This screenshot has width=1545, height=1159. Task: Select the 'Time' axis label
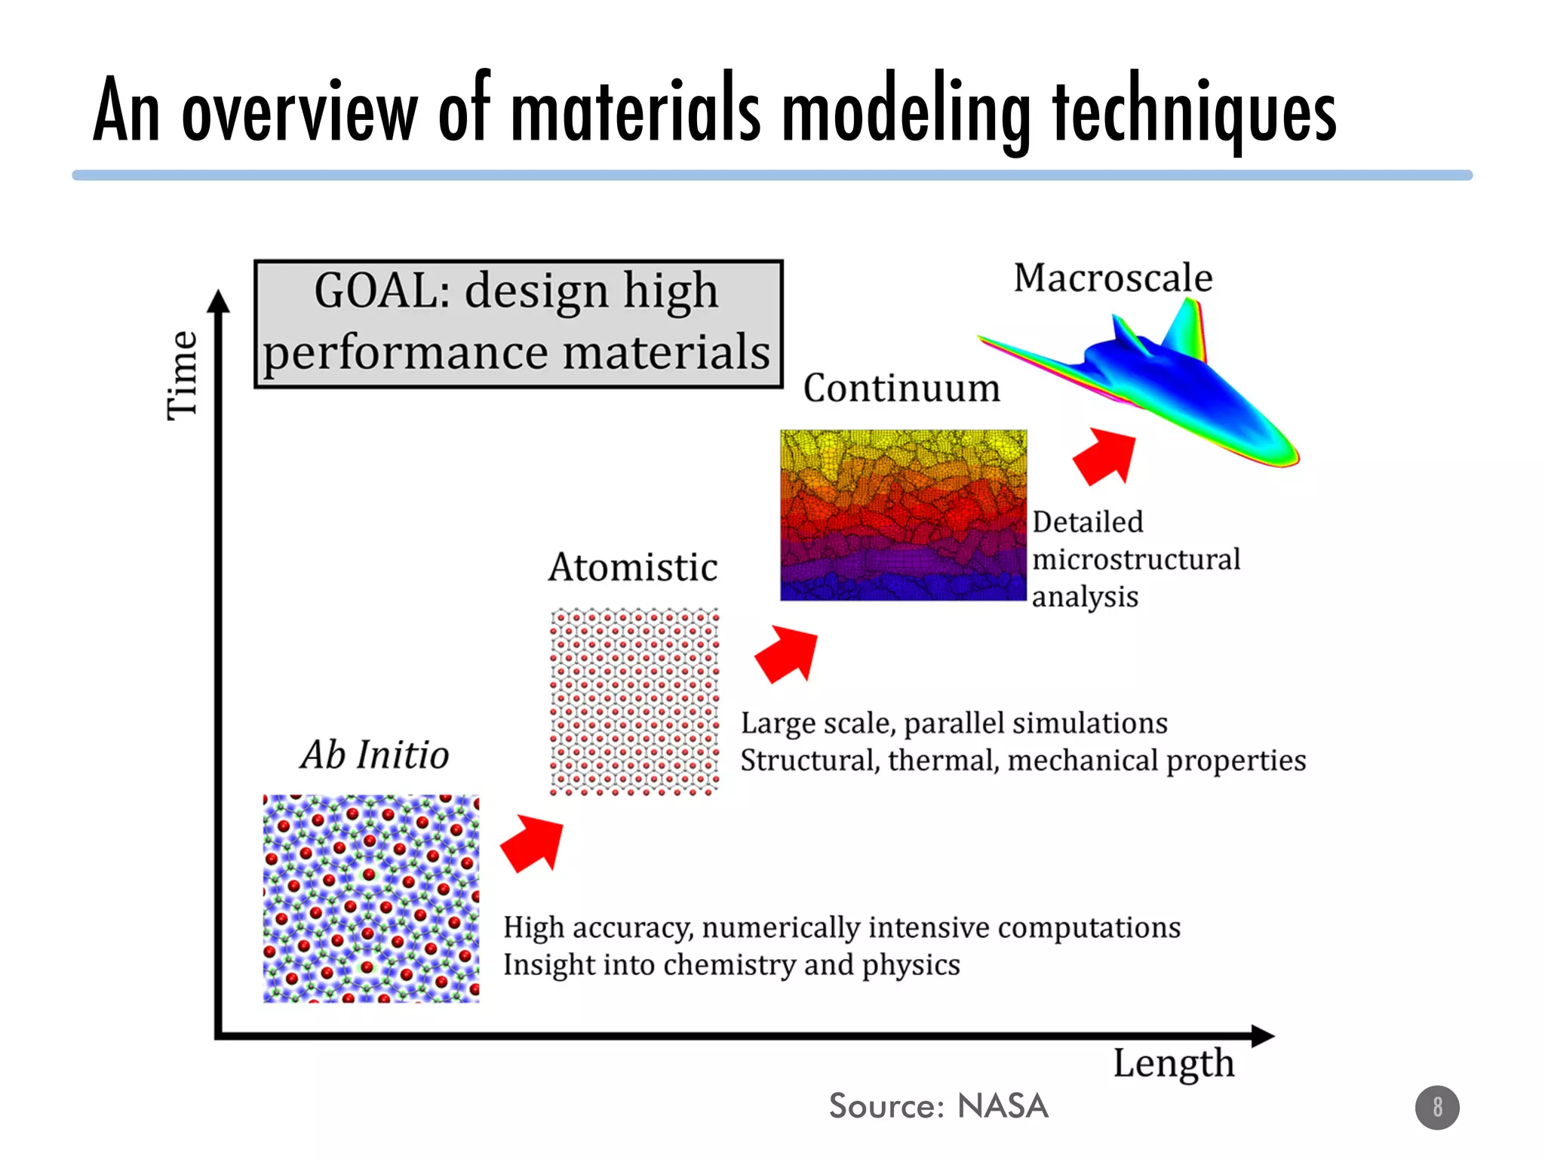183,375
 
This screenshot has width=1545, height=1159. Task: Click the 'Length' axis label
1174,1064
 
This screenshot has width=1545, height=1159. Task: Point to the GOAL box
518,324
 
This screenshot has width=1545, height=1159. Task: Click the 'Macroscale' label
1113,278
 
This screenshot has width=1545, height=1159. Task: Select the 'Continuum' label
902,389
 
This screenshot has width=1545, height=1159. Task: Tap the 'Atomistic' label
633,567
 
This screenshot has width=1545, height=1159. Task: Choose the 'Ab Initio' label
375,755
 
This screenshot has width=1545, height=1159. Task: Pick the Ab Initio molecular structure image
371,898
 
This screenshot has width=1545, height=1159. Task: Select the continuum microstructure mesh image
903,515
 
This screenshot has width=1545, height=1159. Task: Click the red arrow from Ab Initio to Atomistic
534,843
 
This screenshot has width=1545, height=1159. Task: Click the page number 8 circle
1437,1107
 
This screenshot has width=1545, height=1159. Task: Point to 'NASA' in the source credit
1003,1106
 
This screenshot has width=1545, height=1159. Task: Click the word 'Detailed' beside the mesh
1088,522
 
